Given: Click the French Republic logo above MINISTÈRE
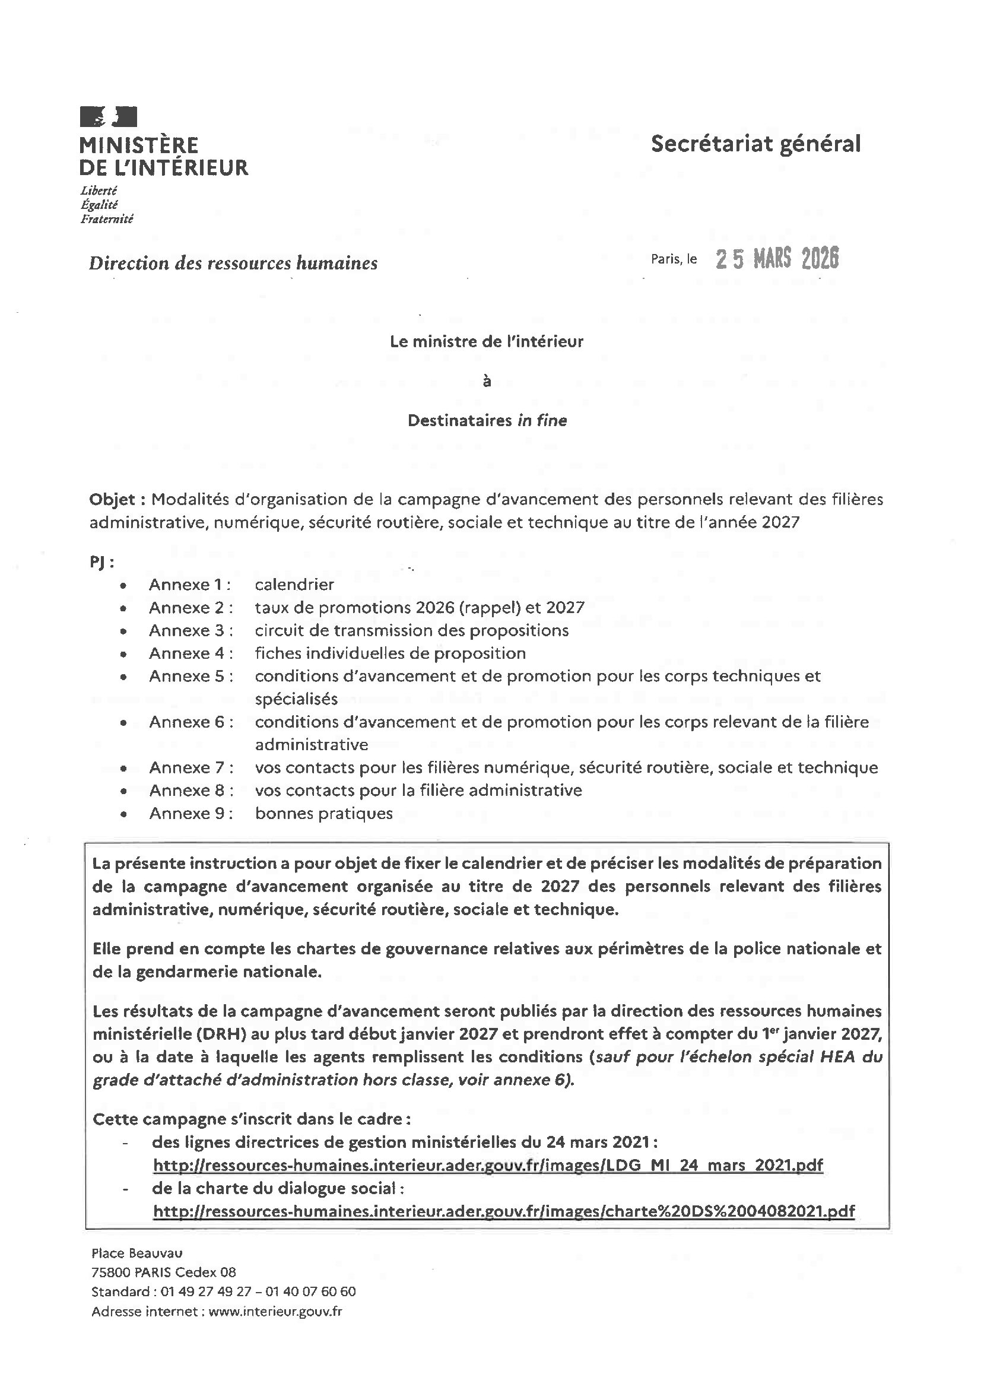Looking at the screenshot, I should click(x=109, y=116).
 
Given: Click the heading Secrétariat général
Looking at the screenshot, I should click(x=755, y=144).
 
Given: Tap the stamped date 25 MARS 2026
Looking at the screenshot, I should click(x=777, y=259).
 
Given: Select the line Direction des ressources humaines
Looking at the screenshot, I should click(x=233, y=264).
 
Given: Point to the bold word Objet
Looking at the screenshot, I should click(x=113, y=500).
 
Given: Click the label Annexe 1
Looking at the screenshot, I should click(x=190, y=585).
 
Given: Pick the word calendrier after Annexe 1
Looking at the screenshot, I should click(x=294, y=585).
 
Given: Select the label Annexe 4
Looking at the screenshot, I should click(x=190, y=653).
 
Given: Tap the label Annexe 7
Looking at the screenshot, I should click(x=190, y=768).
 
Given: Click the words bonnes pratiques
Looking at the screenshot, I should click(x=324, y=814).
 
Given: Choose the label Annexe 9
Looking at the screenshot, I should click(x=190, y=814).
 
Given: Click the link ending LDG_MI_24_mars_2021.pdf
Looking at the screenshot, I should click(x=488, y=1165).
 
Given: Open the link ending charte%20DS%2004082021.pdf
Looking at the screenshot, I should click(x=504, y=1211).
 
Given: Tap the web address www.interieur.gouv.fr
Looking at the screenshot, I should click(x=275, y=1312).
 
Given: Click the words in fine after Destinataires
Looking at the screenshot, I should click(x=542, y=421).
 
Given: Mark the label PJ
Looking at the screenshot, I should click(x=101, y=563).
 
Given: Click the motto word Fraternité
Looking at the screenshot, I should click(x=106, y=219).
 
